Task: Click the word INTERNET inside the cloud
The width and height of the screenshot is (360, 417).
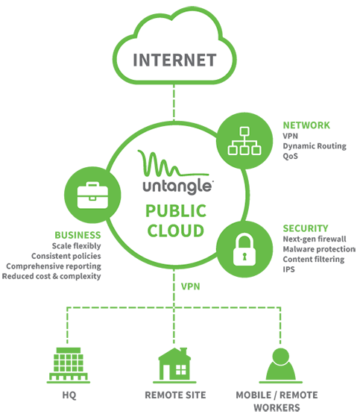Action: pyautogui.click(x=174, y=60)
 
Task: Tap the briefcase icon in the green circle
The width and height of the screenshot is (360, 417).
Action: pyautogui.click(x=92, y=195)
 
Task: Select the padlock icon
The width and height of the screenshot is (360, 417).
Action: pyautogui.click(x=244, y=249)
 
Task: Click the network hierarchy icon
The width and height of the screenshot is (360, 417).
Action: pyautogui.click(x=244, y=141)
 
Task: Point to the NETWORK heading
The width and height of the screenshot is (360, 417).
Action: pyautogui.click(x=306, y=125)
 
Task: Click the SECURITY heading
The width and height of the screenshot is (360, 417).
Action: pyautogui.click(x=306, y=228)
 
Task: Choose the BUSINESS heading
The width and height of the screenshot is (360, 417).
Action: pyautogui.click(x=78, y=235)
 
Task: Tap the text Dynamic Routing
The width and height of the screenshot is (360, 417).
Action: pyautogui.click(x=315, y=146)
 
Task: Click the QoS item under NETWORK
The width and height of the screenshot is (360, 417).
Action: pyautogui.click(x=291, y=156)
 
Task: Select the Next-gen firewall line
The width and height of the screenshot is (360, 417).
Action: pyautogui.click(x=315, y=239)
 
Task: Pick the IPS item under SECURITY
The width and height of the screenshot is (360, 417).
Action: pyautogui.click(x=288, y=269)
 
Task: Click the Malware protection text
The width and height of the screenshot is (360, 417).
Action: pyautogui.click(x=319, y=249)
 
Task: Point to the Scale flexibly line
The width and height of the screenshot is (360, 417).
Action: pyautogui.click(x=77, y=246)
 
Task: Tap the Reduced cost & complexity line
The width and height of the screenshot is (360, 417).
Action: pyautogui.click(x=51, y=276)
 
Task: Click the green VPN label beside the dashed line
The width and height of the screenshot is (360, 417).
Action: pyautogui.click(x=191, y=286)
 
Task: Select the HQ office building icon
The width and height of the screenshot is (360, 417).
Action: pyautogui.click(x=69, y=365)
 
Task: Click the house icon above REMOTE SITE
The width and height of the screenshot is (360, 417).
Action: pyautogui.click(x=174, y=365)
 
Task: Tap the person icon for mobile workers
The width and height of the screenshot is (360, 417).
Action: pyautogui.click(x=280, y=366)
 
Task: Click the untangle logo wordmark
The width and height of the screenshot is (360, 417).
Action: pyautogui.click(x=177, y=186)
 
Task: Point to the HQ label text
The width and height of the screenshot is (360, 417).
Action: pyautogui.click(x=69, y=395)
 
